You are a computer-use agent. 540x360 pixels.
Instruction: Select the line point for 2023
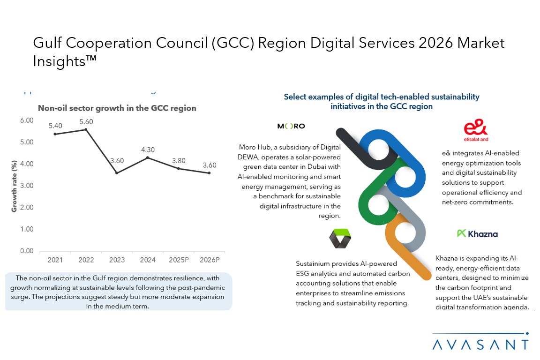tap(117, 173)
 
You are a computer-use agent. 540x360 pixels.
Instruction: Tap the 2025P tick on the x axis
tap(179, 259)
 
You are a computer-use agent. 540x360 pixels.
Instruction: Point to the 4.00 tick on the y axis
tap(27, 164)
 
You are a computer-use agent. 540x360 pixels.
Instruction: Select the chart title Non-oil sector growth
tap(117, 108)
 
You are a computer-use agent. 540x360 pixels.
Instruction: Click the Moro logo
tap(291, 126)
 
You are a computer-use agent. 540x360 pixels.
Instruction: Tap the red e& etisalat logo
tap(475, 131)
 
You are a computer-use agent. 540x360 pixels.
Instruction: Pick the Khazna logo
tap(477, 233)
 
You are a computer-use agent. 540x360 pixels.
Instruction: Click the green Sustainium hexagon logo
tap(340, 238)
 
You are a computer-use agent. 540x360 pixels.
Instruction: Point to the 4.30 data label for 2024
tap(148, 150)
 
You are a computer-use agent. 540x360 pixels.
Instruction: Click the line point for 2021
tap(55, 134)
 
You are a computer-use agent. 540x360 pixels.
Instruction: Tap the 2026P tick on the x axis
tap(209, 259)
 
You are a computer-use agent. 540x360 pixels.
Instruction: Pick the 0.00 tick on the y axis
tap(27, 251)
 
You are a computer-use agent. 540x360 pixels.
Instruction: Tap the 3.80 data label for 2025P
tap(179, 160)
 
